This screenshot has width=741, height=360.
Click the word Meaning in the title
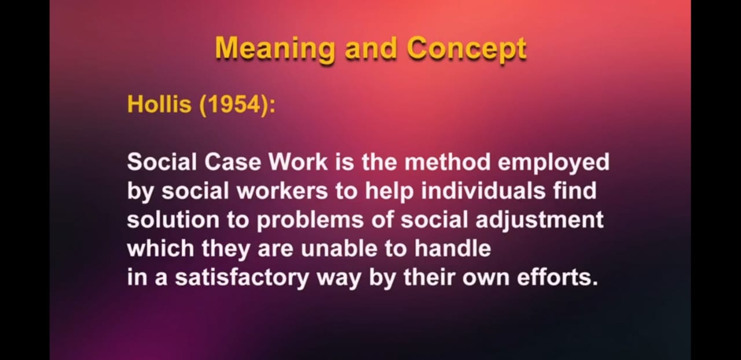tap(274, 49)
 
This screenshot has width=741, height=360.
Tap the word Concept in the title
tap(467, 49)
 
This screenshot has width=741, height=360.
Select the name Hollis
tap(159, 104)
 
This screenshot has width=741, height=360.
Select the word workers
tap(282, 191)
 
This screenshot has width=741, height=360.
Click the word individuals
tap(483, 191)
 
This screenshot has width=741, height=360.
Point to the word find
tap(575, 191)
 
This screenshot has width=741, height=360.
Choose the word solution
tap(173, 220)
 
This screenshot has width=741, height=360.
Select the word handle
tap(453, 248)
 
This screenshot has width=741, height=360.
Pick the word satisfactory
tap(242, 278)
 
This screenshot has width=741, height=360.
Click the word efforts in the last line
tap(557, 277)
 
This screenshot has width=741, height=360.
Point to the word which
tap(160, 248)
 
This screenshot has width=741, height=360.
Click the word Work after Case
tap(298, 162)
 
